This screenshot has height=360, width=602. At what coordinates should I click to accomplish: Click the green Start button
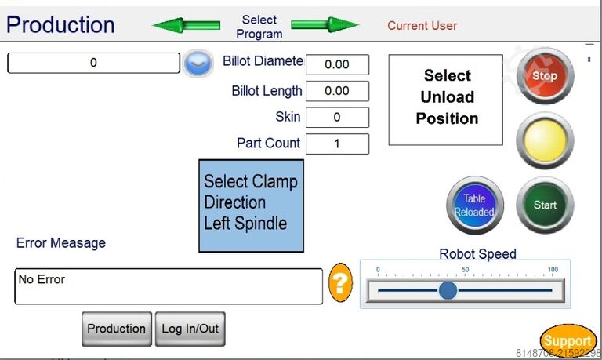(x=545, y=205)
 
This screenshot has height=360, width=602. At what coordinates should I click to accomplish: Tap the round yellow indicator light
(x=545, y=140)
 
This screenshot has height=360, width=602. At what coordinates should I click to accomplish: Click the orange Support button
(x=568, y=340)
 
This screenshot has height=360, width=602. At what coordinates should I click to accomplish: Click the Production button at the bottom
(x=116, y=329)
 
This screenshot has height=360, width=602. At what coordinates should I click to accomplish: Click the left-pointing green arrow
(x=186, y=25)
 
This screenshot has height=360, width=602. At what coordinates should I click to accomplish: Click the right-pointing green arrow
(x=325, y=25)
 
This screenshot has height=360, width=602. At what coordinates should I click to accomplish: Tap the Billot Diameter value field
(x=337, y=64)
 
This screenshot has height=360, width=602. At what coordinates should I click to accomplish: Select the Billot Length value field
(x=337, y=91)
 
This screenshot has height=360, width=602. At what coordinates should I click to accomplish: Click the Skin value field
(x=337, y=118)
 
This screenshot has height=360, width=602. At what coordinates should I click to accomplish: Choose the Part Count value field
(x=337, y=144)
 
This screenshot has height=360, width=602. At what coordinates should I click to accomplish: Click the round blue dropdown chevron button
(x=199, y=64)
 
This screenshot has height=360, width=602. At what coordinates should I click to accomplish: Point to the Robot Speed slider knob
(x=448, y=290)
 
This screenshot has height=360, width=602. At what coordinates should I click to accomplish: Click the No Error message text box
(x=169, y=286)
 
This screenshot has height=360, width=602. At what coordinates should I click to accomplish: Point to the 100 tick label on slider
(x=553, y=270)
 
